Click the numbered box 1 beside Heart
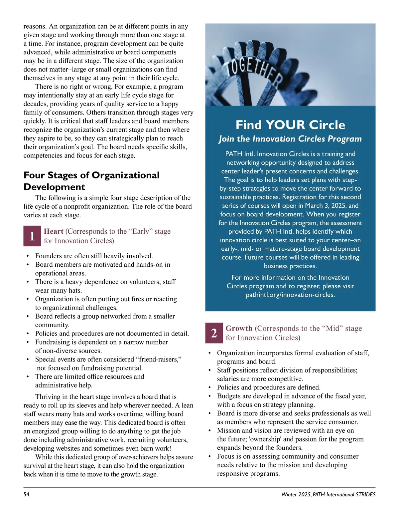(32, 236)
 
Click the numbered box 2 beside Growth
(214, 333)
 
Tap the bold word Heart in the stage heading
(54, 231)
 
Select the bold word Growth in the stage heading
(239, 328)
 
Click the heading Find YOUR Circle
(290, 125)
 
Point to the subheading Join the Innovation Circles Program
(290, 139)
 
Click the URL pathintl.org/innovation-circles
(290, 295)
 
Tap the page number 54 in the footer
(26, 494)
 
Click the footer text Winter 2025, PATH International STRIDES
(328, 494)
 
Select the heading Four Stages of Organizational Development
(91, 181)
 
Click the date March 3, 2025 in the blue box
(323, 206)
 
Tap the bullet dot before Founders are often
(28, 256)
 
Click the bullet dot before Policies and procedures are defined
(209, 387)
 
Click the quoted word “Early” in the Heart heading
(140, 231)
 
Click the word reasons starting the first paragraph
(35, 27)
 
